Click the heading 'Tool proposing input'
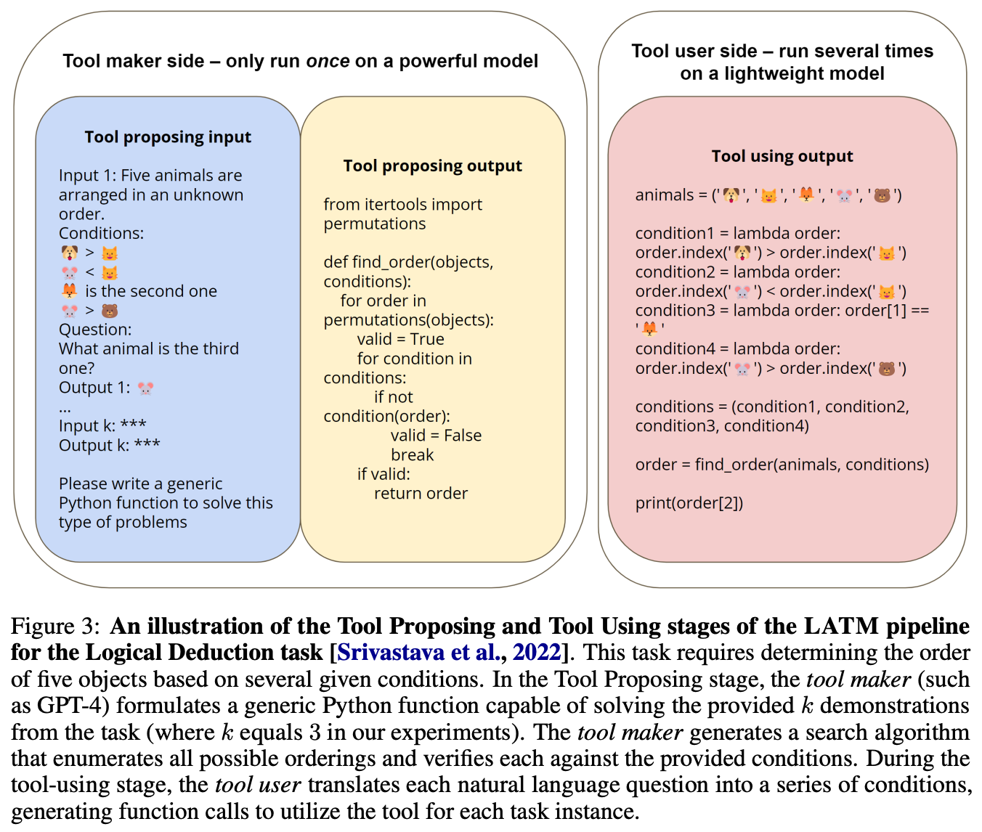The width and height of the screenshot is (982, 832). pos(168,137)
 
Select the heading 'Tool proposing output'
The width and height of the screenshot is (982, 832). pos(432,166)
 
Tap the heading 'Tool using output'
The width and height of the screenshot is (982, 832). pos(782,156)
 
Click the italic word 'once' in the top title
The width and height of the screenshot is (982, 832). pos(328,61)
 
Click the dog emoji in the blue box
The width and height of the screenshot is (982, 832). pos(69,253)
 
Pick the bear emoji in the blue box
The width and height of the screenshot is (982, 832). pos(110,311)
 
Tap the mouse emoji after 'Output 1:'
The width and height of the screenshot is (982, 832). pos(145,388)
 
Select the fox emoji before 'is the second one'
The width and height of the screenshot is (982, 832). pos(69,291)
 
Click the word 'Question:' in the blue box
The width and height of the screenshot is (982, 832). pos(95,330)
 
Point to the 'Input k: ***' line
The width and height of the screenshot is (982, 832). pos(102,425)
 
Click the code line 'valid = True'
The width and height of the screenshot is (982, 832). pos(400,339)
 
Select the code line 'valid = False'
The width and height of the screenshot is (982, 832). pos(436,436)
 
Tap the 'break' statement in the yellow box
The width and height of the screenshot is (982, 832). pos(412,455)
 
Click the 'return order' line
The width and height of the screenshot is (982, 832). pos(421,494)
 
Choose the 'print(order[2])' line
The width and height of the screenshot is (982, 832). pos(689,503)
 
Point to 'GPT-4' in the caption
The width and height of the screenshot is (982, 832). pos(72,706)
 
